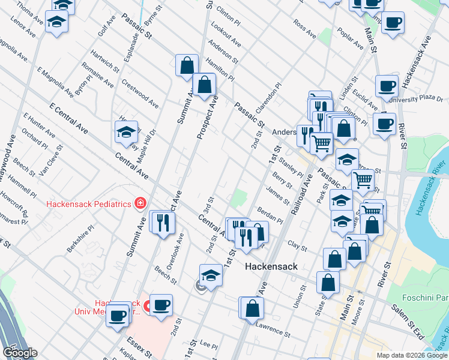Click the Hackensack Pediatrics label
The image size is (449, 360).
coord(89,204)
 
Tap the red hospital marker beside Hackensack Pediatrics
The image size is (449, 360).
coord(140,203)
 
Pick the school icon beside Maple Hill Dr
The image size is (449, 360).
coord(126,132)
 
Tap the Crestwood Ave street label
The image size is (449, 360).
coord(140,94)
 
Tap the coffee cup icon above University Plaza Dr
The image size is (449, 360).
coord(387,85)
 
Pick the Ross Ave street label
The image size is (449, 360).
coord(304,30)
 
